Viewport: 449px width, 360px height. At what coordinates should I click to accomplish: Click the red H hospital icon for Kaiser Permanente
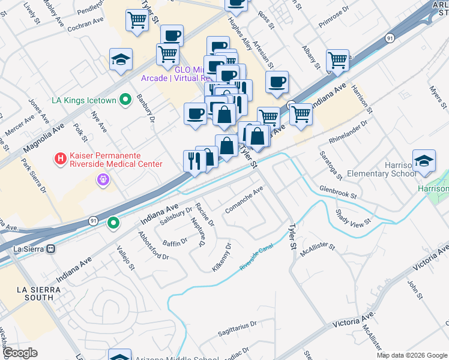(x=60, y=159)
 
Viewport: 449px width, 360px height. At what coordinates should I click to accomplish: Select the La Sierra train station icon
(x=51, y=248)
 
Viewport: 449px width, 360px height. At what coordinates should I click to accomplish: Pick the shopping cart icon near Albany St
(x=338, y=61)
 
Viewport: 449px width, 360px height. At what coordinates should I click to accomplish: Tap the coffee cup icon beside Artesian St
(x=277, y=82)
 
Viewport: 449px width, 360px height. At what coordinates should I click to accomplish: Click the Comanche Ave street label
(x=244, y=200)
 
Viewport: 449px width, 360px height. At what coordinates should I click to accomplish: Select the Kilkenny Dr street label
(x=221, y=257)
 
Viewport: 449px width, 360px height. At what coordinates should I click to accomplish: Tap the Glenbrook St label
(x=337, y=192)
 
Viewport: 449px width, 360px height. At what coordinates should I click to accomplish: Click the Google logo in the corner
(x=20, y=353)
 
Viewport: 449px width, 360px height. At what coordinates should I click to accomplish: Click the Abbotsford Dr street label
(x=153, y=245)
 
